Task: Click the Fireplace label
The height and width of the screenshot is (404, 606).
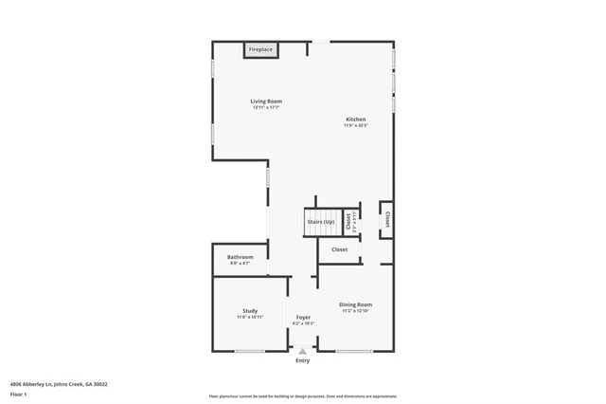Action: pos(260,49)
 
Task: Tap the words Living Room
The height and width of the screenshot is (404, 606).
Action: pos(266,101)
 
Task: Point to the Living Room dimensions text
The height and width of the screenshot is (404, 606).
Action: pos(266,107)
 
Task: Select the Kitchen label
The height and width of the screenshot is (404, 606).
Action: pos(355,119)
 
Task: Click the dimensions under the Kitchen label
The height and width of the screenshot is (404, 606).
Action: pos(355,124)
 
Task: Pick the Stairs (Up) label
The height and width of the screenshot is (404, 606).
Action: pos(321,222)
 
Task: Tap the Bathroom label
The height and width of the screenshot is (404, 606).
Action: pos(240,257)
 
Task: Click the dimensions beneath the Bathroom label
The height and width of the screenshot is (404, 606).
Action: pos(240,263)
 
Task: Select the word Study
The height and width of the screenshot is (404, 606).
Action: pos(250,310)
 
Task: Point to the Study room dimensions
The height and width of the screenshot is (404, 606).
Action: pos(250,317)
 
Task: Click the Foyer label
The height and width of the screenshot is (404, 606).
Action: pos(303,317)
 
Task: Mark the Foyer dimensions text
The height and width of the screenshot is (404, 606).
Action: pos(303,323)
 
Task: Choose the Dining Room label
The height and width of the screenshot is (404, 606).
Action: pos(355,304)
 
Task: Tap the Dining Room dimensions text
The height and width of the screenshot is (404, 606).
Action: pos(355,311)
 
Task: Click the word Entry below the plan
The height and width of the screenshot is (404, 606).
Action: pos(303,361)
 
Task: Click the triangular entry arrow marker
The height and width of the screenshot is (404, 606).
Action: pos(303,351)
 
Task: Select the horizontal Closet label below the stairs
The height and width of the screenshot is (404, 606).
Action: pos(339,249)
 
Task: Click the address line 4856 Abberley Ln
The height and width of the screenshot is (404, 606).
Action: pos(59,384)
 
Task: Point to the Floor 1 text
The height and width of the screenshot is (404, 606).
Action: pos(18,394)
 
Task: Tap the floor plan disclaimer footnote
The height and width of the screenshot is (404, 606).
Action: pos(303,395)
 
